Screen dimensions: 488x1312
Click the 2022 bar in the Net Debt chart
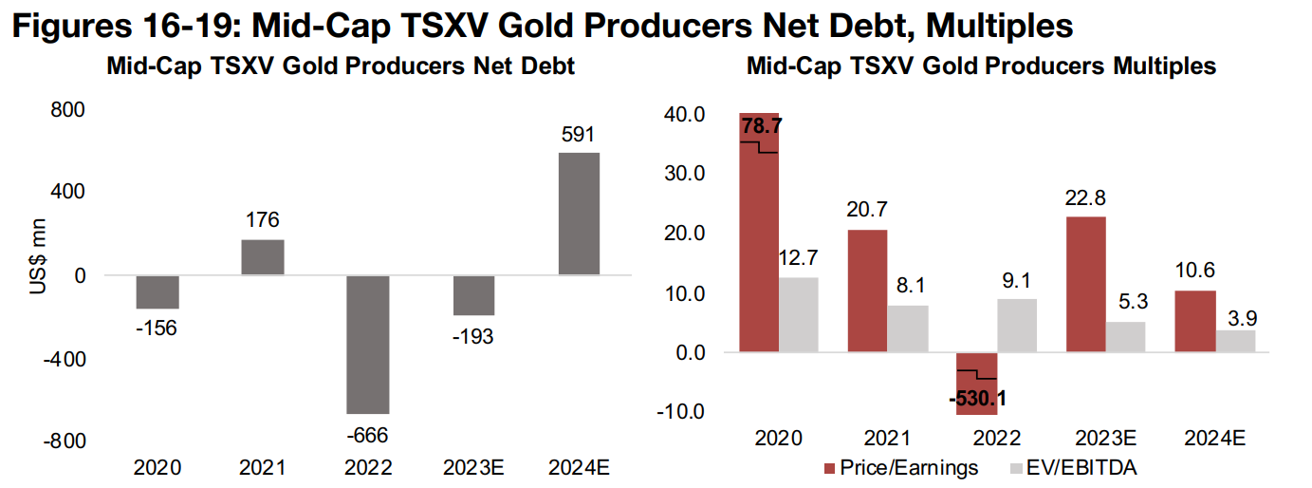367,344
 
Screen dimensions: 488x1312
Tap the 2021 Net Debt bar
262,257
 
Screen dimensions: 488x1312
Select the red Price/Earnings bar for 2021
867,291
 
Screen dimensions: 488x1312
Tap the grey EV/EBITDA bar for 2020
798,314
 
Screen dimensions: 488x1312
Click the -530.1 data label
976,398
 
